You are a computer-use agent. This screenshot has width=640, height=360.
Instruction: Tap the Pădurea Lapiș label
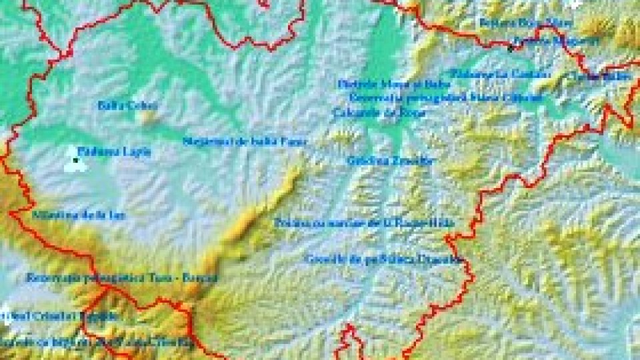click(x=113, y=151)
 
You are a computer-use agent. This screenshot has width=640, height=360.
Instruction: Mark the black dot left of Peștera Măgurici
click(x=510, y=47)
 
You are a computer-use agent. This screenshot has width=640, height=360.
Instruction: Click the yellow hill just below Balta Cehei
click(x=147, y=118)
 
